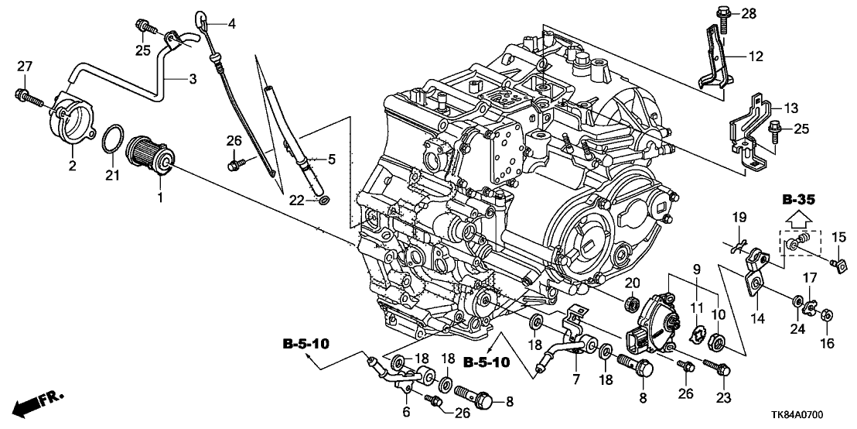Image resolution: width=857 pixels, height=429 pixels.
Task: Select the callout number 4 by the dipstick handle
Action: point(231,23)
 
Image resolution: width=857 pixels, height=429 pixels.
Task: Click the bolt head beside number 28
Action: point(719,12)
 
